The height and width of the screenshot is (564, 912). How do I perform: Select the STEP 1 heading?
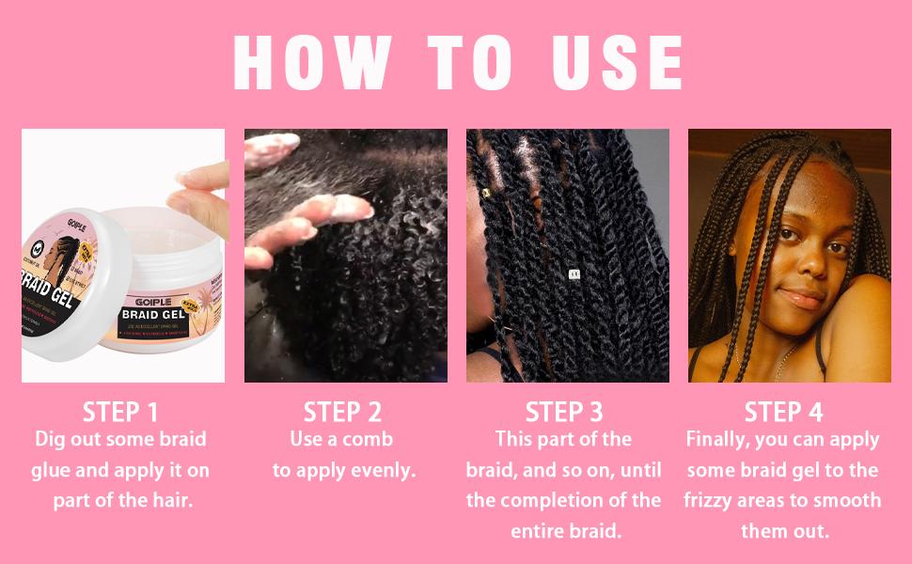[x=120, y=412]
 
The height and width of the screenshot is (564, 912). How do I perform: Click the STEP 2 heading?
[x=343, y=412]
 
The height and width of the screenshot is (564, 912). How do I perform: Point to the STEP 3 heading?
[x=565, y=412]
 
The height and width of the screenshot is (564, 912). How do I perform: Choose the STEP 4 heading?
[x=783, y=412]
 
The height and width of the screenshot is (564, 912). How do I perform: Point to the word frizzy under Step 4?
[x=713, y=500]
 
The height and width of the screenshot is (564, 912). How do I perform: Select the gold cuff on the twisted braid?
[x=488, y=201]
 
